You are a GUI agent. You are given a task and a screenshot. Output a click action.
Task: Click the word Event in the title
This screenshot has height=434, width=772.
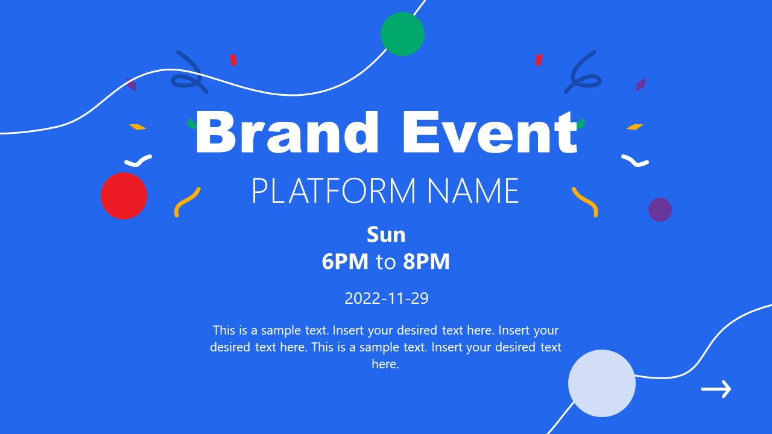coord(490,131)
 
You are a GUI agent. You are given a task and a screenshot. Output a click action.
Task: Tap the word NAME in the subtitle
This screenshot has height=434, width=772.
coord(473,190)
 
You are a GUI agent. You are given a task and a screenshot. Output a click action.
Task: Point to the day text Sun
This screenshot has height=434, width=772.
coord(386,234)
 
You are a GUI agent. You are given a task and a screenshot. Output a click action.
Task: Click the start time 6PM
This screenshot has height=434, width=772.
coord(345,262)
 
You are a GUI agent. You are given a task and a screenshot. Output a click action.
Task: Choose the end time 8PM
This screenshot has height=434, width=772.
coord(426,262)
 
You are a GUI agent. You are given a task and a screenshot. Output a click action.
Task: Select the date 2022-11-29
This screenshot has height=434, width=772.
coord(386,298)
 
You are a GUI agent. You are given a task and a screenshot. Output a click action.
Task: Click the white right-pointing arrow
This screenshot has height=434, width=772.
coord(716,389)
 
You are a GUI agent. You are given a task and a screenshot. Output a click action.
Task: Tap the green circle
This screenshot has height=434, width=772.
coord(402,34)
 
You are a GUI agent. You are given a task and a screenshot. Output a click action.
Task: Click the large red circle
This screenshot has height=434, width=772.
coord(124,196)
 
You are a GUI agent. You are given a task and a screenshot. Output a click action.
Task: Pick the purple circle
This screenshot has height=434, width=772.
coord(660,210)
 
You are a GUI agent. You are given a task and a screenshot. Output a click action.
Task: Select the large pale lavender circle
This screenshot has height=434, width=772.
coord(602,383)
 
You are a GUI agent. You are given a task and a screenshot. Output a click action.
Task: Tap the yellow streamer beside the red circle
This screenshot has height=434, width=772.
coord(186,202)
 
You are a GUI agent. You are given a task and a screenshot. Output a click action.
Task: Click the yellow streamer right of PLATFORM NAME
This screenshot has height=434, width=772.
coord(585,201)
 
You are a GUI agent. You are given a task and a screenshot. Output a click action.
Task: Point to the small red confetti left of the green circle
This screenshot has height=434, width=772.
coord(233,60)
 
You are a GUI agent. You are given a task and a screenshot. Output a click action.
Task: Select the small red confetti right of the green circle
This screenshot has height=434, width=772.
coord(539,60)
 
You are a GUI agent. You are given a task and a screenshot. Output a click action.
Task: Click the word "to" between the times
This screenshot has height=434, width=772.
coord(386,262)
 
